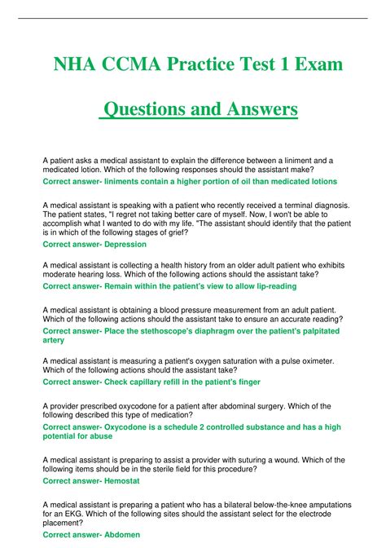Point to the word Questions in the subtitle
[147, 108]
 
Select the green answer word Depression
[121, 244]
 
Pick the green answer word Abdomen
[117, 534]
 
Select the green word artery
[54, 340]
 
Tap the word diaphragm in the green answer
[209, 330]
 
